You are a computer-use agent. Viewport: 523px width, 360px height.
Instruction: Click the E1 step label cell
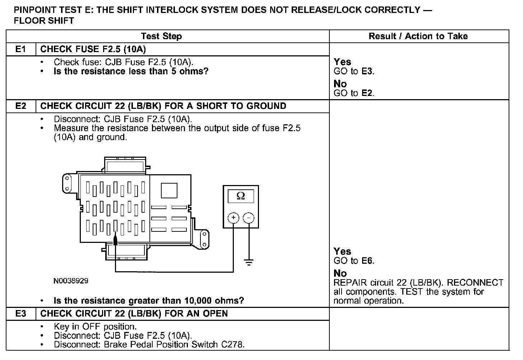(x=21, y=49)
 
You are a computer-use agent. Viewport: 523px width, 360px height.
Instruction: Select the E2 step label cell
(x=21, y=106)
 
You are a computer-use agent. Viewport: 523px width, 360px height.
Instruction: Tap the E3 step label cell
(x=21, y=314)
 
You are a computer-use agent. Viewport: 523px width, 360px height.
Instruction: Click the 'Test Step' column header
(x=161, y=36)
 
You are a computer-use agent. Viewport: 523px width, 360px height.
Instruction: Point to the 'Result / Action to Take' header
(x=418, y=36)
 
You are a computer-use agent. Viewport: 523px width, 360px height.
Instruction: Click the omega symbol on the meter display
(x=241, y=196)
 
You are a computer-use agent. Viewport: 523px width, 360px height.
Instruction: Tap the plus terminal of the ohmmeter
(x=233, y=218)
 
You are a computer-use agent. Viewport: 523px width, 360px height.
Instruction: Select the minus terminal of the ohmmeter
(x=249, y=218)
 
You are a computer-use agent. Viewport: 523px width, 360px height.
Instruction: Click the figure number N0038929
(x=71, y=281)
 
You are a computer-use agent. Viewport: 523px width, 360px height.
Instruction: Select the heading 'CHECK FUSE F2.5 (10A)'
(x=93, y=49)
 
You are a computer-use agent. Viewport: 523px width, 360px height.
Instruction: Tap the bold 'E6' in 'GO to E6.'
(x=367, y=261)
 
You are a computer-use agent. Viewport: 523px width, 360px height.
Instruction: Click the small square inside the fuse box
(x=169, y=190)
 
